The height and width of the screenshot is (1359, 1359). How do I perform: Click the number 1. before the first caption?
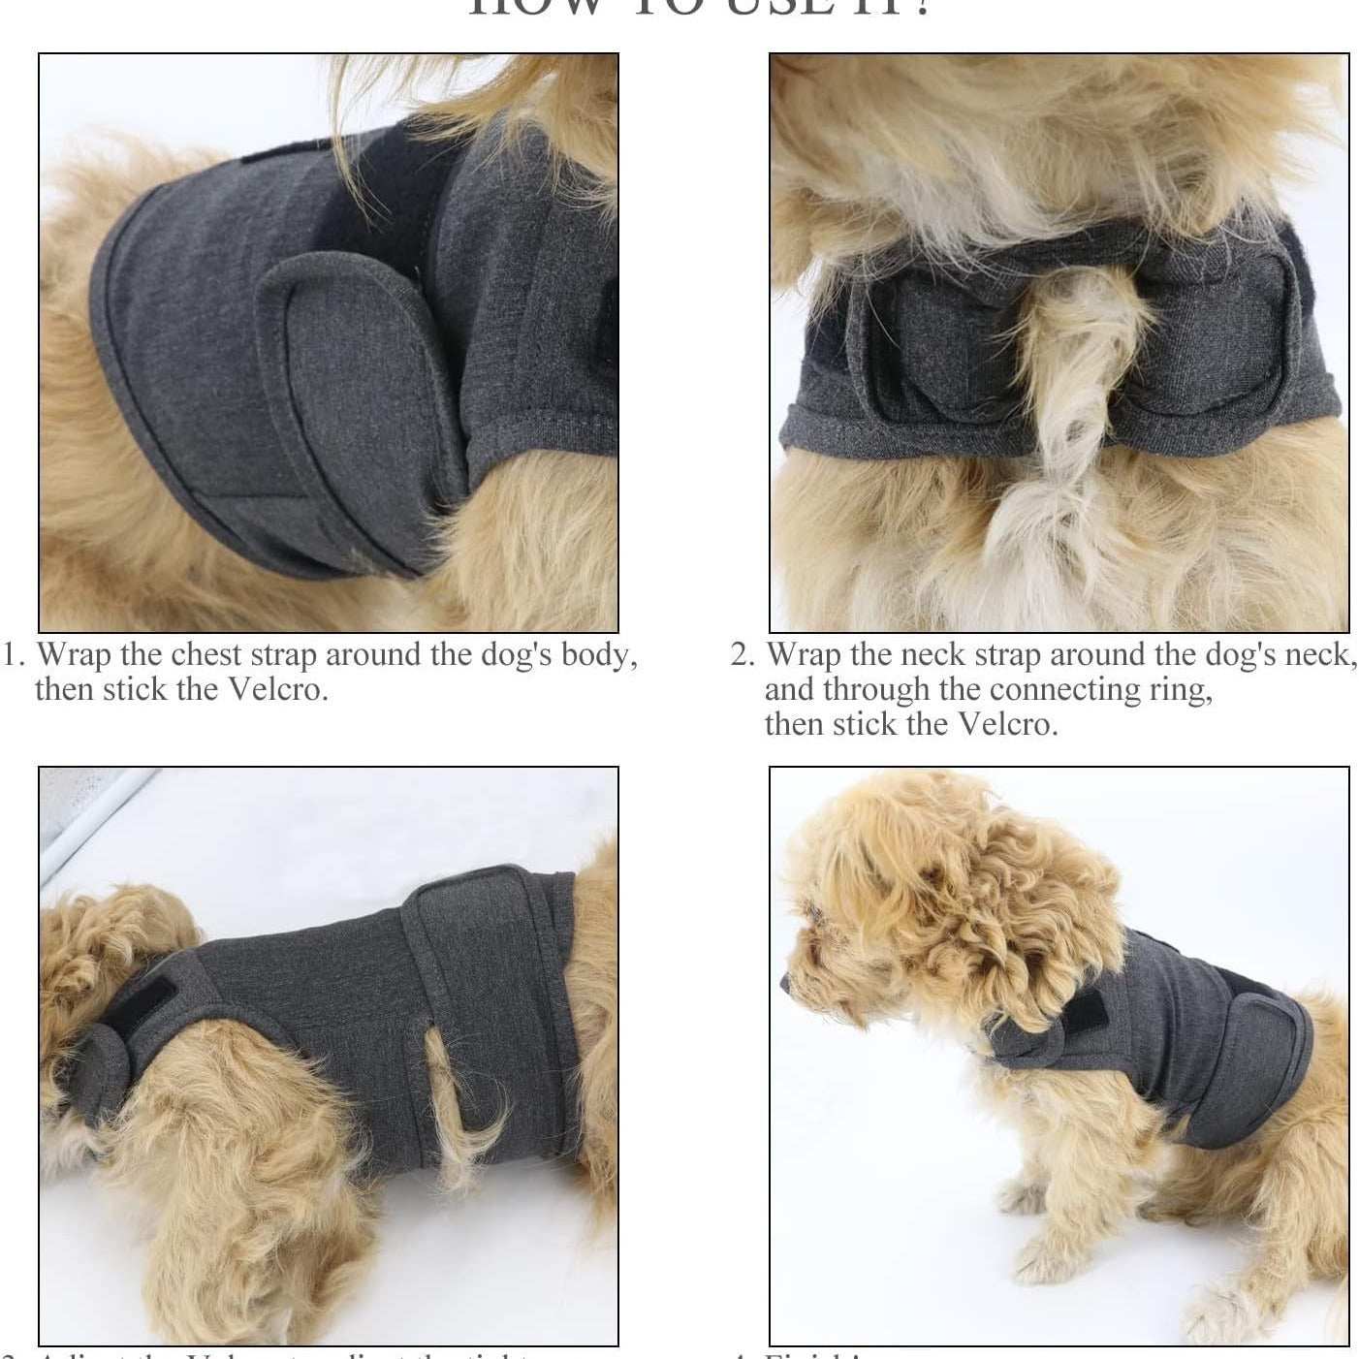coord(13,656)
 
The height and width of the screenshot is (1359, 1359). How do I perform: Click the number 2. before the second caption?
coord(742,656)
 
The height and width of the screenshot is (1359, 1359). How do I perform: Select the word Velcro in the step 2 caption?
coord(1004,725)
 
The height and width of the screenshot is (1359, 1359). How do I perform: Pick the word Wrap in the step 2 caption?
coord(805,656)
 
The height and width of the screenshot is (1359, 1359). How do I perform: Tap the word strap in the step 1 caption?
coord(283,656)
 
